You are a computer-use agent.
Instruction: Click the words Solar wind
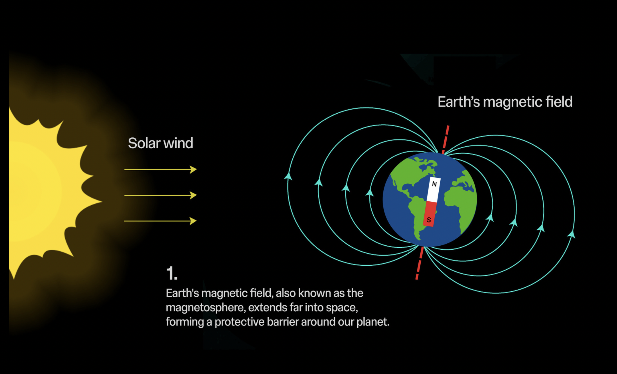161,143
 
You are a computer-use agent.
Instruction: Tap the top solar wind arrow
161,170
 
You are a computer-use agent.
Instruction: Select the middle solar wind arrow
161,195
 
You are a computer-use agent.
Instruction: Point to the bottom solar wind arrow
161,221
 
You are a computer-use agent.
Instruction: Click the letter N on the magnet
434,184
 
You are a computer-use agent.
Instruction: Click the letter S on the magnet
429,220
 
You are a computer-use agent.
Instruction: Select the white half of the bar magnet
434,189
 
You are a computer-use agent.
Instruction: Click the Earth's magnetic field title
505,102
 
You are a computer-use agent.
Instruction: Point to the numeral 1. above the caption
172,273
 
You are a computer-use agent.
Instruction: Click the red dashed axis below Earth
420,263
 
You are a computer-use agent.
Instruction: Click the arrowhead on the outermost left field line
288,177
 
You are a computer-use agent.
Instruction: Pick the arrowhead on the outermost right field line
571,234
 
